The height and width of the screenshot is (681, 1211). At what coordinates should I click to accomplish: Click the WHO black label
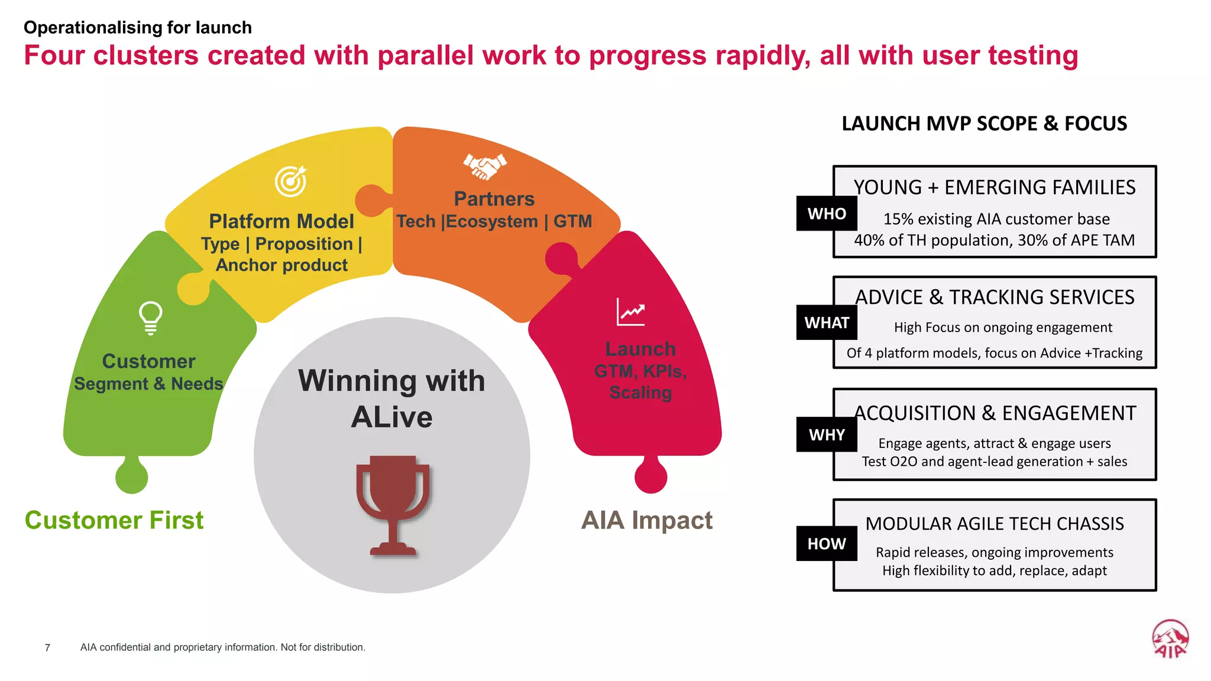pyautogui.click(x=826, y=213)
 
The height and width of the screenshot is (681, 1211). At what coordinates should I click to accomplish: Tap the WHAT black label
pyautogui.click(x=826, y=323)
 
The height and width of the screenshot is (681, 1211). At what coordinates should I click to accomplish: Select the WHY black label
pyautogui.click(x=826, y=434)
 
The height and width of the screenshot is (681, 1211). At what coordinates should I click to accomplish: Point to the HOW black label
pyautogui.click(x=826, y=543)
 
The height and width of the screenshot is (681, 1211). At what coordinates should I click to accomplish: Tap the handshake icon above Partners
pyautogui.click(x=485, y=166)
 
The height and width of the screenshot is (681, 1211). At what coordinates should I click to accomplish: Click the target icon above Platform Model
pyautogui.click(x=291, y=181)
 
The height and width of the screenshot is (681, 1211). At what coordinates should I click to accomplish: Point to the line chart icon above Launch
pyautogui.click(x=630, y=312)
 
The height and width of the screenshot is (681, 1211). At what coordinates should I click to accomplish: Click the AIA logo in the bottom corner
pyautogui.click(x=1170, y=638)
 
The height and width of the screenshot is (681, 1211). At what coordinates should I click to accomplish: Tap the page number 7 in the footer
pyautogui.click(x=47, y=648)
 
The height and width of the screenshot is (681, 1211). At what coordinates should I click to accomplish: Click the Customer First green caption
pyautogui.click(x=114, y=520)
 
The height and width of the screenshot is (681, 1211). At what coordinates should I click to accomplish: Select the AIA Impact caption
pyautogui.click(x=647, y=520)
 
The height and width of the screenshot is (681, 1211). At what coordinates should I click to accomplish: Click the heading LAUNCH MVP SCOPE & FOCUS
pyautogui.click(x=984, y=124)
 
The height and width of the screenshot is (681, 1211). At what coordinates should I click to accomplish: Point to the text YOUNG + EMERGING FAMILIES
pyautogui.click(x=994, y=187)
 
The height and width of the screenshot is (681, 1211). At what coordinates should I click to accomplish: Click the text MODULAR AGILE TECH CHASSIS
pyautogui.click(x=994, y=524)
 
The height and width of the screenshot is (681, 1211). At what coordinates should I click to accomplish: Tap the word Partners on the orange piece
pyautogui.click(x=494, y=199)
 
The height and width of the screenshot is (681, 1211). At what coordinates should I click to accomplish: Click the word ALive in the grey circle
pyautogui.click(x=391, y=417)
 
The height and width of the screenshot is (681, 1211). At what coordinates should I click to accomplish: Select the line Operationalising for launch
pyautogui.click(x=138, y=28)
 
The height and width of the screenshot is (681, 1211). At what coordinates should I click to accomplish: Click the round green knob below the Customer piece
pyautogui.click(x=131, y=476)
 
